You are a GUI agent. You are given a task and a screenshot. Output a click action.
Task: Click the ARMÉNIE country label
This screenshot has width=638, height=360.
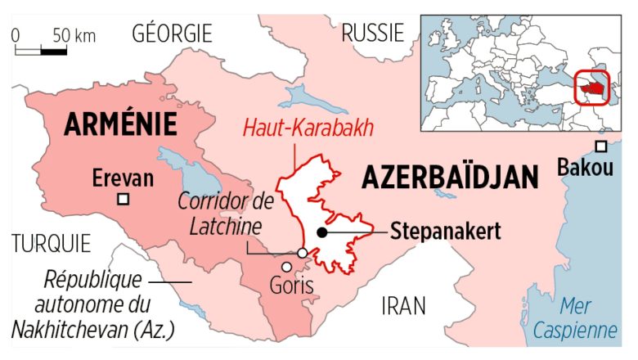[x=122, y=124]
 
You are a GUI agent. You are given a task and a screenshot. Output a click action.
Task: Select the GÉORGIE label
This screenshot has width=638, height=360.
[x=172, y=34]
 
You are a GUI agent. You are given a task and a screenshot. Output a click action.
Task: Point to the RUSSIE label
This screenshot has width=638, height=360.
[x=372, y=34]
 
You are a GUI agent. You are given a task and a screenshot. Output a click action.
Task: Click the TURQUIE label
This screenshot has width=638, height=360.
[x=51, y=243]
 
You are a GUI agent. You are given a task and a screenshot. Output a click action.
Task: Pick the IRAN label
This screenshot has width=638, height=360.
[x=403, y=306]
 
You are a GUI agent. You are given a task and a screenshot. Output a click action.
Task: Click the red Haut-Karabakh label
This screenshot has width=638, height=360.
[x=309, y=128]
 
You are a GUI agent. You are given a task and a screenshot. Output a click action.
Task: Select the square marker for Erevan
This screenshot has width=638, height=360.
[x=124, y=199]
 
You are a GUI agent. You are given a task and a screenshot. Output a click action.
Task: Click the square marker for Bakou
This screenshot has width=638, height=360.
[x=601, y=146]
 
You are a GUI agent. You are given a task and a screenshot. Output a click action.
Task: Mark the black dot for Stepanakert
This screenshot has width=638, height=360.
[x=322, y=233]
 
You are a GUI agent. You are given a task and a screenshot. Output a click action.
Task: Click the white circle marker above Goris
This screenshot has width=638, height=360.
[x=302, y=254]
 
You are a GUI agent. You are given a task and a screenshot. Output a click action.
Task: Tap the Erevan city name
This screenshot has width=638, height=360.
[x=123, y=177]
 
